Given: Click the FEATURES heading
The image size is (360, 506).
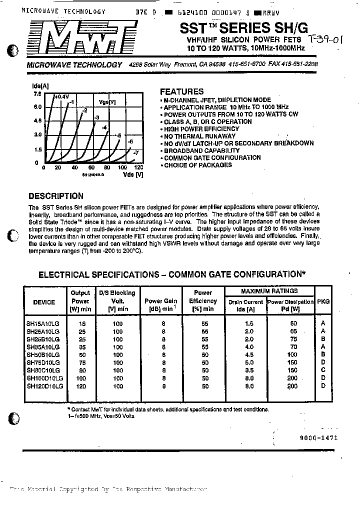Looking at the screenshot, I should tap(181, 91).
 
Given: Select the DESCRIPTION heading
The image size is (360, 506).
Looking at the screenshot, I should tap(56, 196).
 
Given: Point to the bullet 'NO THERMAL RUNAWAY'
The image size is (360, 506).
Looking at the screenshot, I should tap(199, 136).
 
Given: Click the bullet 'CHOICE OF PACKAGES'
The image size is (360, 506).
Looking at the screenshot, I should tap(198, 165).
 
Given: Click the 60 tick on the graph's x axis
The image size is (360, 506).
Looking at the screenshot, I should tap(91, 168).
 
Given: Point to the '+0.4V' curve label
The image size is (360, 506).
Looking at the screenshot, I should tap(62, 96).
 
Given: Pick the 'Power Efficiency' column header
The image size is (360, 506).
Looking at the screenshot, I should tap(203, 301).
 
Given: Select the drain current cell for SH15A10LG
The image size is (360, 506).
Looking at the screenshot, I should tap(245, 323).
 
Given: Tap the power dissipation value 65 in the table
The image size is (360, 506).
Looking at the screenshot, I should tap(293, 331).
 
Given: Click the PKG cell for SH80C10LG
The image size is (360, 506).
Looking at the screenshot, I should tap(322, 370).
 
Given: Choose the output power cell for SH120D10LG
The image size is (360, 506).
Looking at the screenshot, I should tap(80, 386).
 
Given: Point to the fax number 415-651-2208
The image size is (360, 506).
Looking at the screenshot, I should tap(298, 64).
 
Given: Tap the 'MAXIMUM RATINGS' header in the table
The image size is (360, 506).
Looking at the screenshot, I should tap(269, 290).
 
